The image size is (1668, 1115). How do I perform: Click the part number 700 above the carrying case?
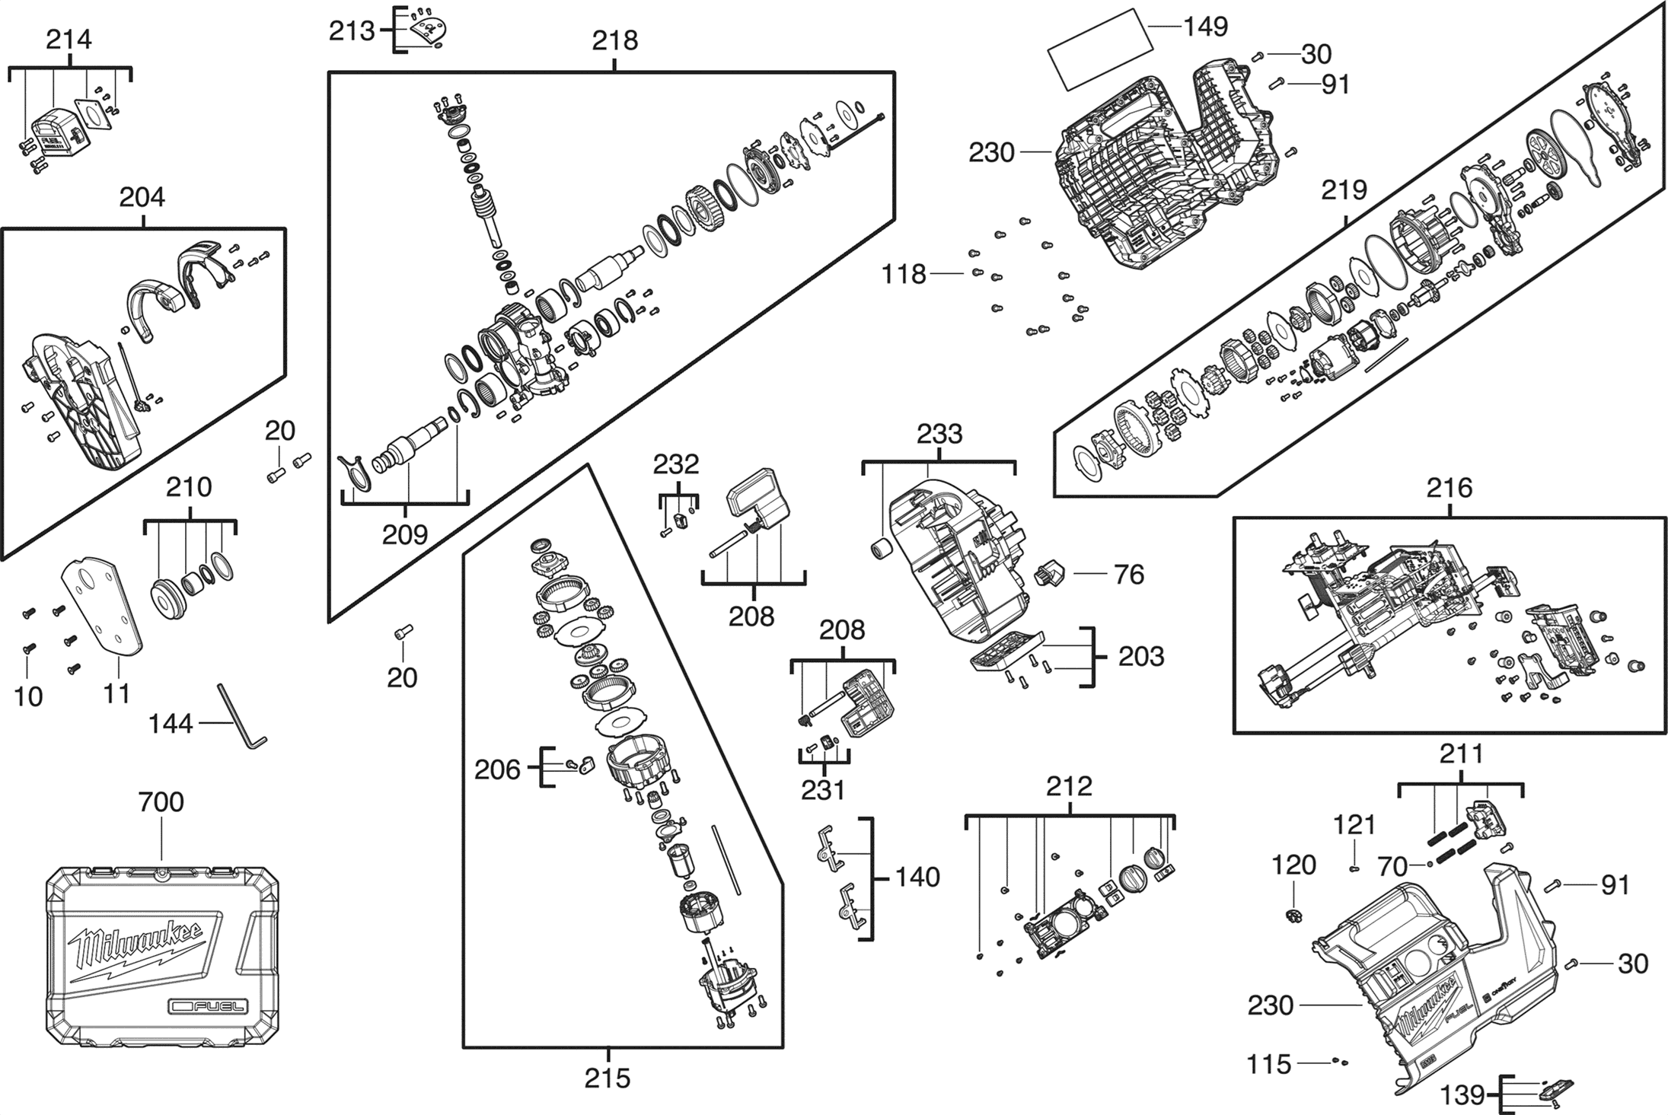point(161,802)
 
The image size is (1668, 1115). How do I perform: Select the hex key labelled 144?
point(243,716)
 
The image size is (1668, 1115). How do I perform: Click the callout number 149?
point(1206,27)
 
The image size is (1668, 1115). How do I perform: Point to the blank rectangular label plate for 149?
point(1097,47)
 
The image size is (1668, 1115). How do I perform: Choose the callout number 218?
point(615,40)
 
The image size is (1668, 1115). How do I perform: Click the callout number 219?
point(1344,190)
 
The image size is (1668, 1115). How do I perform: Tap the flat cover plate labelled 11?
point(102,606)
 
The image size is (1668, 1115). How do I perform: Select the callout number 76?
point(1129,575)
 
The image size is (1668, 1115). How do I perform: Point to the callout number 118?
point(904,274)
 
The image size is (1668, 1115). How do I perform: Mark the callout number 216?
point(1450,488)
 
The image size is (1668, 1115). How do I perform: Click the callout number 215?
point(608,1078)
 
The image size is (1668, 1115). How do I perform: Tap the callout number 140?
point(917,878)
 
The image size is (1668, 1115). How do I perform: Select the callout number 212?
point(1069,786)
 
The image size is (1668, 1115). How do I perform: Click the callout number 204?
point(142,198)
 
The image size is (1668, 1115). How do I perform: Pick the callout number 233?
point(939,435)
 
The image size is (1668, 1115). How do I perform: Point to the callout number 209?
point(405,534)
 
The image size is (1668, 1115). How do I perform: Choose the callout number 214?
point(69,40)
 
